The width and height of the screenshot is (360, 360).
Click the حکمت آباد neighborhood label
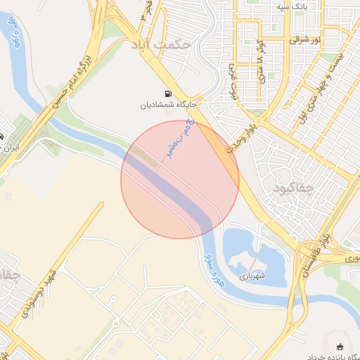pos(160,44)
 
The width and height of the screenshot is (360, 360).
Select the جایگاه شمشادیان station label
pos(167,105)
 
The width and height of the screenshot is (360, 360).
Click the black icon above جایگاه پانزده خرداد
pos(341,346)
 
